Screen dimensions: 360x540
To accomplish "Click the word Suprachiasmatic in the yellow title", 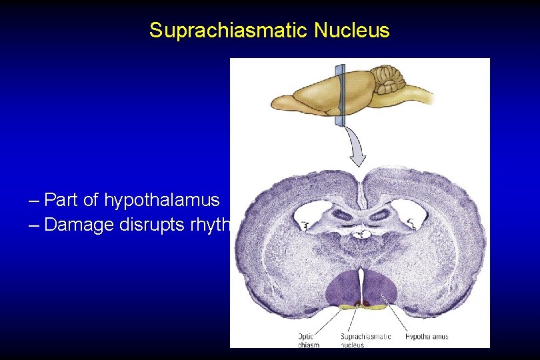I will point(214,31).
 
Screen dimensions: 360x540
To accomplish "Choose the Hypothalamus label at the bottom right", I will point(427,336).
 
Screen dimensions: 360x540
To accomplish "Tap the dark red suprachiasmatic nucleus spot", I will point(361,305).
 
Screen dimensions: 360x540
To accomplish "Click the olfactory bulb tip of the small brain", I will point(277,103).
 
